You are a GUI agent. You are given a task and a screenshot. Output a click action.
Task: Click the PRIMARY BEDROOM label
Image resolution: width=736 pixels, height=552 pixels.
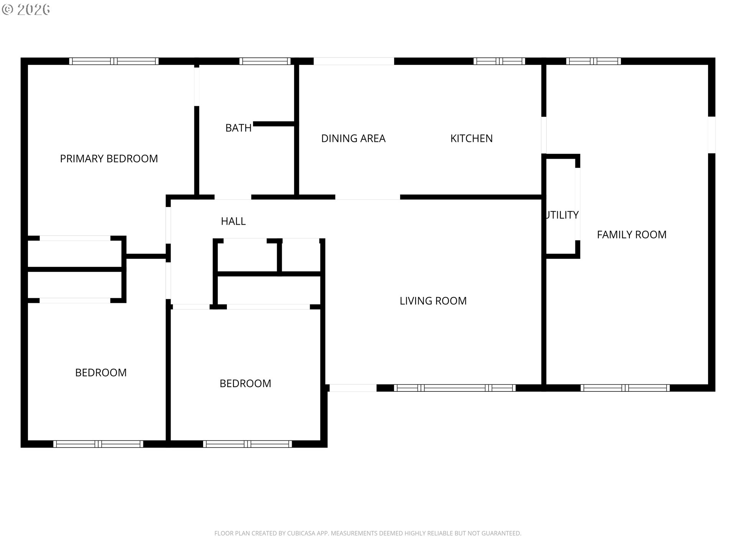pyautogui.click(x=109, y=159)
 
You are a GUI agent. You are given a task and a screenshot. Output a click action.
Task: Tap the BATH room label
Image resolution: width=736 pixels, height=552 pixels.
pyautogui.click(x=238, y=128)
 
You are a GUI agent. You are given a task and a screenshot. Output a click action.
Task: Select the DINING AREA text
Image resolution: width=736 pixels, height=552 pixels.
pyautogui.click(x=353, y=138)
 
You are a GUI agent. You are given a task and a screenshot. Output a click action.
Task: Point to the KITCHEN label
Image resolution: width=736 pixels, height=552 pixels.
pyautogui.click(x=472, y=138)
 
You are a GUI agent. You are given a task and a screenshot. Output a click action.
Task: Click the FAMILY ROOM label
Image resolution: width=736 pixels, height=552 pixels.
pyautogui.click(x=632, y=235)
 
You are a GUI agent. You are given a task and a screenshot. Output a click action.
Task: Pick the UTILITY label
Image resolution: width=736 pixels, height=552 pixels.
pyautogui.click(x=562, y=215)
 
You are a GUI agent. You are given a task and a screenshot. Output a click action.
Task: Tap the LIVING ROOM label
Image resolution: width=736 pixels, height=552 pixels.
pyautogui.click(x=433, y=301)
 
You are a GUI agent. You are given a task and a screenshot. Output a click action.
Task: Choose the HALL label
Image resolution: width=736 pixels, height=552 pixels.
pyautogui.click(x=233, y=221)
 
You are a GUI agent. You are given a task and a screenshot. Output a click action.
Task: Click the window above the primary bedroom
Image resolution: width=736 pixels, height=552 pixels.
pyautogui.click(x=114, y=61)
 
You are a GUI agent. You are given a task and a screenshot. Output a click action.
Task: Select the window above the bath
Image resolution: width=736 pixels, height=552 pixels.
pyautogui.click(x=265, y=61)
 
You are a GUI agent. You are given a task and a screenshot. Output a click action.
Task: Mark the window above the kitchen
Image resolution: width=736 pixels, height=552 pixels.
pyautogui.click(x=499, y=61)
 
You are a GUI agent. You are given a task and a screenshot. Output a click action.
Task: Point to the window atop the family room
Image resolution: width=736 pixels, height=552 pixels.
pyautogui.click(x=593, y=61)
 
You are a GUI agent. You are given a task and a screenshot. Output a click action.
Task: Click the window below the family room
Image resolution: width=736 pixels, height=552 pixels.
pyautogui.click(x=625, y=388)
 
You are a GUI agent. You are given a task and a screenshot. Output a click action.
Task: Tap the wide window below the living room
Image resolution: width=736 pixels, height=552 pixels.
pyautogui.click(x=455, y=388)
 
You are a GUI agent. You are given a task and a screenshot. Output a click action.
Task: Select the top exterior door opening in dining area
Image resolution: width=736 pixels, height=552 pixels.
pyautogui.click(x=354, y=61)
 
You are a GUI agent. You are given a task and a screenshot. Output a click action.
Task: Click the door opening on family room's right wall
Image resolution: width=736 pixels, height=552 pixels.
pyautogui.click(x=711, y=135)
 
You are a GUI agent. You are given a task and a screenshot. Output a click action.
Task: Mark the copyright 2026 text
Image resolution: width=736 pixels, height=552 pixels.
pyautogui.click(x=26, y=10)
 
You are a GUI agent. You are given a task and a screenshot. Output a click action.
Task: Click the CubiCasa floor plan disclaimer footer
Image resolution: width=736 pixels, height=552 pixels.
pyautogui.click(x=368, y=533)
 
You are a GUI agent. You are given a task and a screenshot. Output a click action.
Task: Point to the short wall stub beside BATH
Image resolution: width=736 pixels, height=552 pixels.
pyautogui.click(x=274, y=124)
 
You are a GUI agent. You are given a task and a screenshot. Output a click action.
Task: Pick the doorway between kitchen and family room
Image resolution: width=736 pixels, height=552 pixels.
pyautogui.click(x=544, y=135)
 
